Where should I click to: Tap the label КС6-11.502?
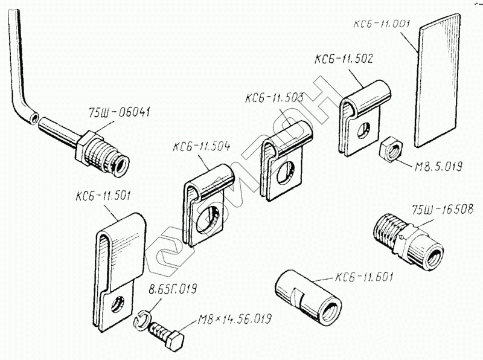pyautogui.click(x=344, y=59)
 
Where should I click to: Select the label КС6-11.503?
pyautogui.click(x=274, y=98)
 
